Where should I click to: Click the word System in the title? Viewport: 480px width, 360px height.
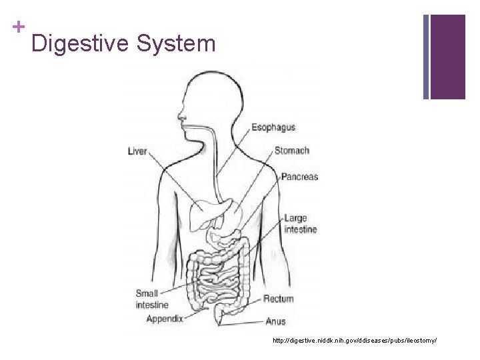tap(176, 44)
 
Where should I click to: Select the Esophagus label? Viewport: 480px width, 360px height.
tap(273, 127)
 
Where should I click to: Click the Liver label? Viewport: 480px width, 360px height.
tap(137, 151)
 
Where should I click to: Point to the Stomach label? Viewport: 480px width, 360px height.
tap(291, 151)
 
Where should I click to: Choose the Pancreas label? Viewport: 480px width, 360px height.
tap(299, 177)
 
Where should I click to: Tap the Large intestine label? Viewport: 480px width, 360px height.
tap(300, 223)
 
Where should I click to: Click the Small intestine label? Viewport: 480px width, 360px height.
tap(147, 299)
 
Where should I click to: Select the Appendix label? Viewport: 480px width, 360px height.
tap(165, 319)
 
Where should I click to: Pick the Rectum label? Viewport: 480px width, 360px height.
tap(278, 299)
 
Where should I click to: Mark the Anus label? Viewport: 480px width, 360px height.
tap(275, 321)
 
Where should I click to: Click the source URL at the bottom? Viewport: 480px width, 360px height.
tap(355, 341)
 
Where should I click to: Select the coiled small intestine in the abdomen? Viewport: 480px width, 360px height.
tap(217, 280)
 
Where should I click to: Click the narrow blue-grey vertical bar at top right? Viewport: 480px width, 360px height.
tap(426, 57)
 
